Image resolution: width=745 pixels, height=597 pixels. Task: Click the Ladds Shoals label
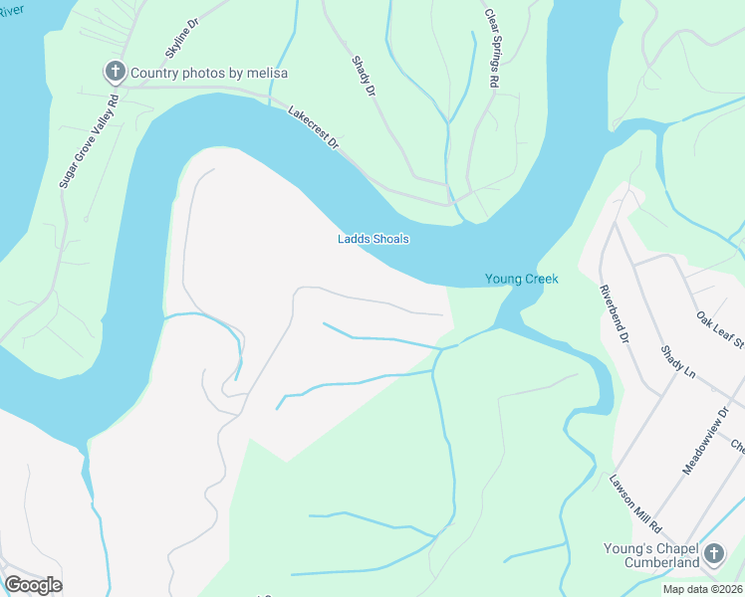point(372,239)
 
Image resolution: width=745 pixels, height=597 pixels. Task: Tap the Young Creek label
point(521,279)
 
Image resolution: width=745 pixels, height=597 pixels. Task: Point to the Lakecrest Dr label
point(314,128)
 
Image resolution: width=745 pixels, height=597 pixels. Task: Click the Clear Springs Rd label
point(490,50)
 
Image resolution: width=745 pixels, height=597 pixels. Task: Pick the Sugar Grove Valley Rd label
point(89,138)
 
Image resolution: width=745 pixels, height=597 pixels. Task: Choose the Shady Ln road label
point(676,361)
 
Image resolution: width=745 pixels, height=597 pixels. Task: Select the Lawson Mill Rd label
point(634,503)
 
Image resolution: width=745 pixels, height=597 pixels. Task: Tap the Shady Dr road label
point(364,76)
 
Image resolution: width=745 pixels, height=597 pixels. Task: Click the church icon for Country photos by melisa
point(116,72)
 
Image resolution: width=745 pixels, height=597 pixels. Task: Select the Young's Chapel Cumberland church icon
point(713,553)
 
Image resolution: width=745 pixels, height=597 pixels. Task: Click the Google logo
point(33,584)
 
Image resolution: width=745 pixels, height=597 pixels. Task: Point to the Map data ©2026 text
point(702,589)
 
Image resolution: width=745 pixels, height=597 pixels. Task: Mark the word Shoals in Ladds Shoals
point(389,239)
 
